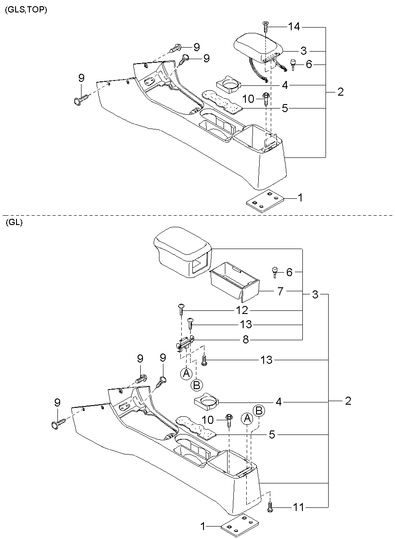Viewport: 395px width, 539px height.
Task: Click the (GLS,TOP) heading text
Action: pyautogui.click(x=25, y=9)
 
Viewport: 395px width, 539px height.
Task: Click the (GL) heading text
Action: pyautogui.click(x=14, y=223)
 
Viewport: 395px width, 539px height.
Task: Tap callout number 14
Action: pyautogui.click(x=293, y=27)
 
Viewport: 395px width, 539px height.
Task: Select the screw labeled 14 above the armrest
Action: pyautogui.click(x=265, y=27)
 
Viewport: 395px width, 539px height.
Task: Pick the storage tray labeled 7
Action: pyautogui.click(x=234, y=282)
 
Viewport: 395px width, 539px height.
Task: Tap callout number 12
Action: pyautogui.click(x=242, y=310)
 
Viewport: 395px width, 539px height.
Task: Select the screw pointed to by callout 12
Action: pyautogui.click(x=182, y=308)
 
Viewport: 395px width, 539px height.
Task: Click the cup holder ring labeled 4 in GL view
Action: pyautogui.click(x=207, y=402)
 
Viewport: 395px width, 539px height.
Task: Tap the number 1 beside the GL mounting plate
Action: pyautogui.click(x=203, y=527)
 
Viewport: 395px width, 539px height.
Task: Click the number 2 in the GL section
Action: pyautogui.click(x=348, y=401)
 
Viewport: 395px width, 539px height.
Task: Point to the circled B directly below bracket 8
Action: pyautogui.click(x=197, y=384)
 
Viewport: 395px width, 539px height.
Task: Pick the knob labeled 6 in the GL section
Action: pyautogui.click(x=275, y=271)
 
